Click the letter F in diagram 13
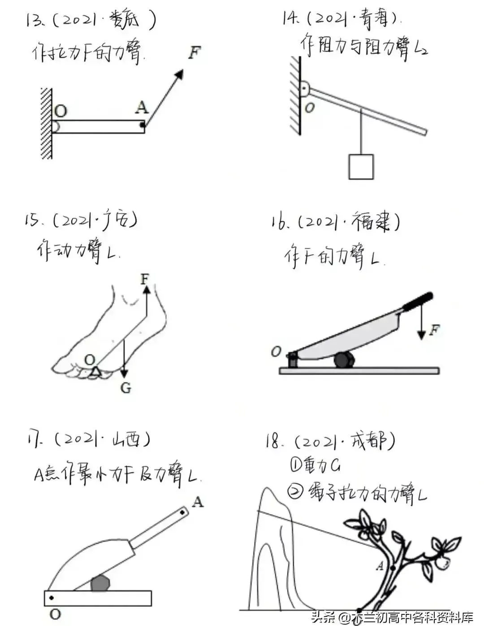(x=194, y=53)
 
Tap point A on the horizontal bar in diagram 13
(x=142, y=125)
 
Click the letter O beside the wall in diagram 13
(x=60, y=111)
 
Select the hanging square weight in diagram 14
(x=361, y=166)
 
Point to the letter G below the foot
(x=126, y=388)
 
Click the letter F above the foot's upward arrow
(x=144, y=279)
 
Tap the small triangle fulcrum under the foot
(x=95, y=371)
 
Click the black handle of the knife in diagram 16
(x=418, y=302)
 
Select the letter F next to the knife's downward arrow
(x=434, y=331)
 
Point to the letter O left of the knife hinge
(x=276, y=352)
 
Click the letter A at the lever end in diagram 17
(x=198, y=502)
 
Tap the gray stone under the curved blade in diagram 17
(x=100, y=583)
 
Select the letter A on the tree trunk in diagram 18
(x=380, y=566)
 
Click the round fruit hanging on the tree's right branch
(x=443, y=561)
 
